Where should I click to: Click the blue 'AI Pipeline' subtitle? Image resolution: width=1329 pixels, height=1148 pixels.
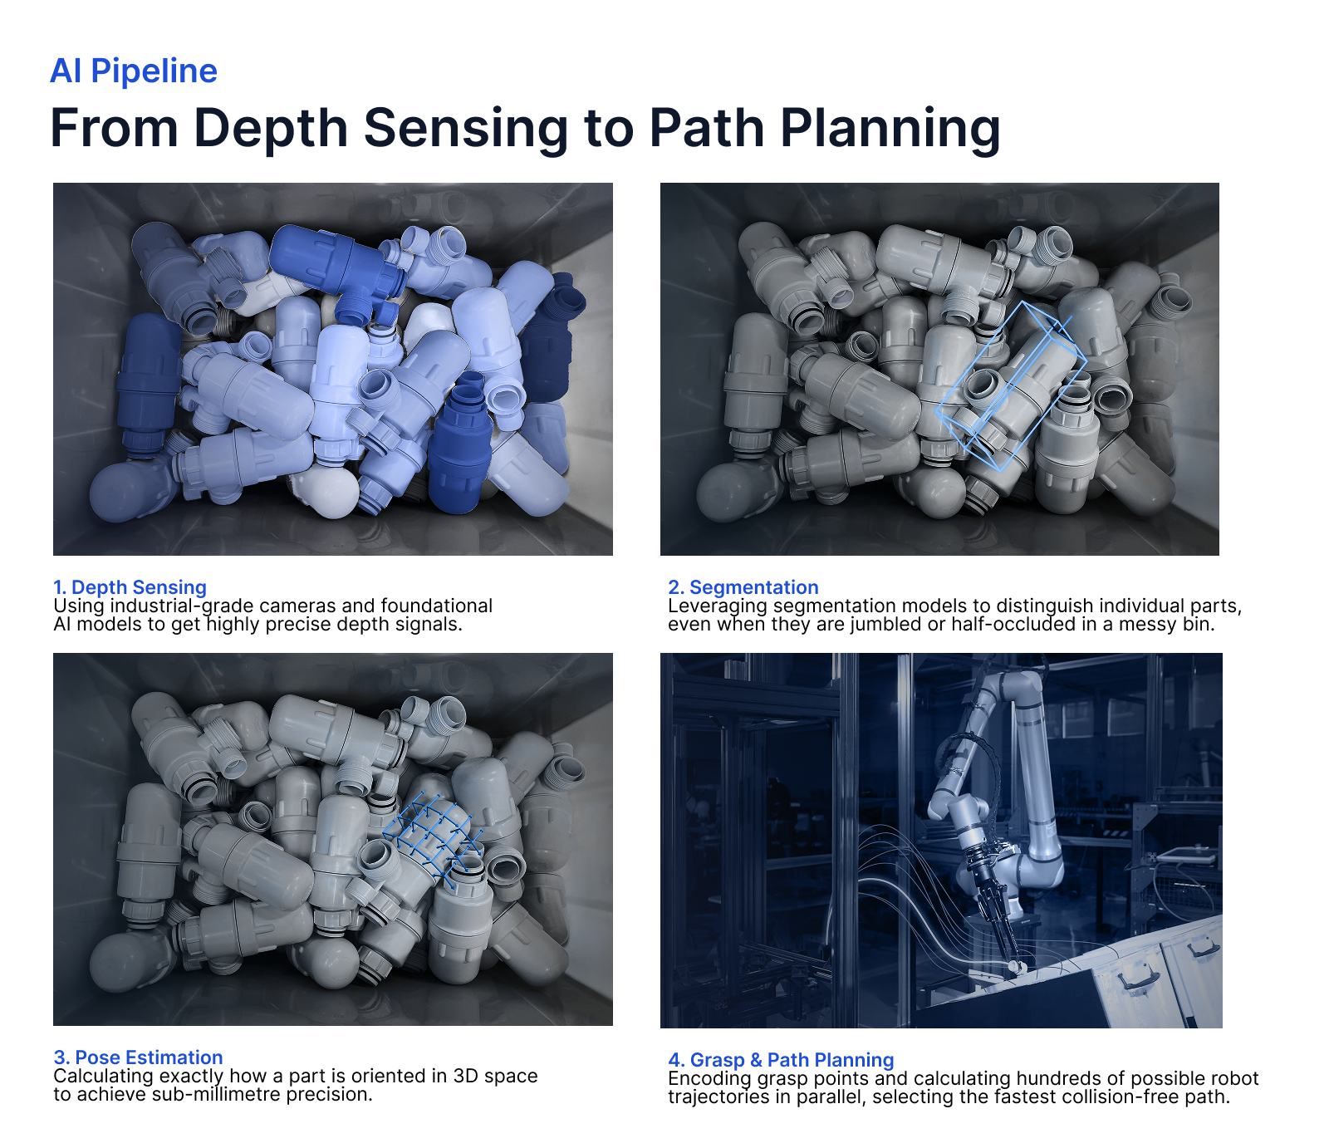[x=133, y=71]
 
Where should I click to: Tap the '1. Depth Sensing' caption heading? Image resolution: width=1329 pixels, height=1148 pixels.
[x=130, y=587]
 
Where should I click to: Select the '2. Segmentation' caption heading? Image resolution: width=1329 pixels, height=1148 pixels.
[x=743, y=587]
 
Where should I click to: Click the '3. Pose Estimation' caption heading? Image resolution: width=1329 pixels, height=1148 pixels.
[x=138, y=1057]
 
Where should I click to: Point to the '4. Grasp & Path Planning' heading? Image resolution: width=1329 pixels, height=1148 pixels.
[x=780, y=1060]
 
